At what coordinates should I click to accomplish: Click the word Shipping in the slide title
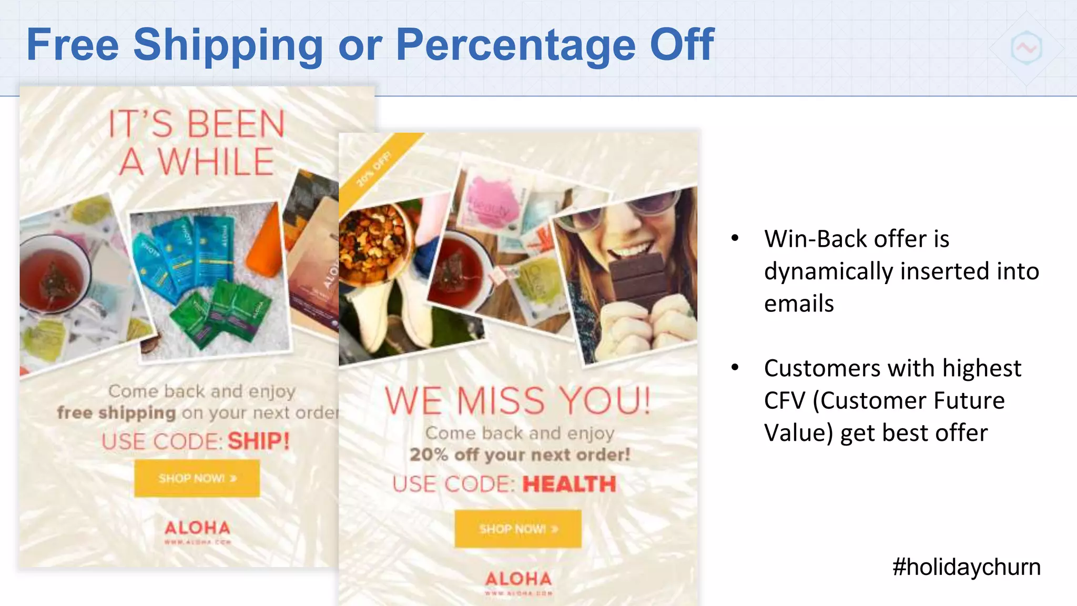228,46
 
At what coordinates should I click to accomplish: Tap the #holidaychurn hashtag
966,567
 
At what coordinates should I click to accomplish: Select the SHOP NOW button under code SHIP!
197,478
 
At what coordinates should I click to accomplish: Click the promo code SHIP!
258,441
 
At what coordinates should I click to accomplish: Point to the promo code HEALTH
568,484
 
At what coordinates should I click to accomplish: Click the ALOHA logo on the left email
197,528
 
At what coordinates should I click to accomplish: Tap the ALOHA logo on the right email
519,579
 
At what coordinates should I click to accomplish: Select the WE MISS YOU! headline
517,401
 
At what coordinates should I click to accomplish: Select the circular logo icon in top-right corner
1026,48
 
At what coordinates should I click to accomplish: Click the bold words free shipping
116,413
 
